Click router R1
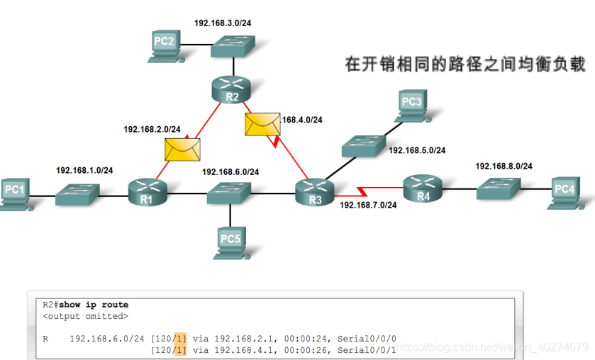coord(147,191)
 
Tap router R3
coord(314,191)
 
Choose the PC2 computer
coord(165,44)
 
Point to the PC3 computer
coord(411,105)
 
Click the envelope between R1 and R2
coord(182,150)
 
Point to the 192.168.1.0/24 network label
coord(84,170)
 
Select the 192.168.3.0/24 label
coord(223,23)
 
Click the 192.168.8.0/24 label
coord(504,166)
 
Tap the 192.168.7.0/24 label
coord(368,206)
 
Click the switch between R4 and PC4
coord(499,189)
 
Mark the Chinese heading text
coord(465,64)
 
